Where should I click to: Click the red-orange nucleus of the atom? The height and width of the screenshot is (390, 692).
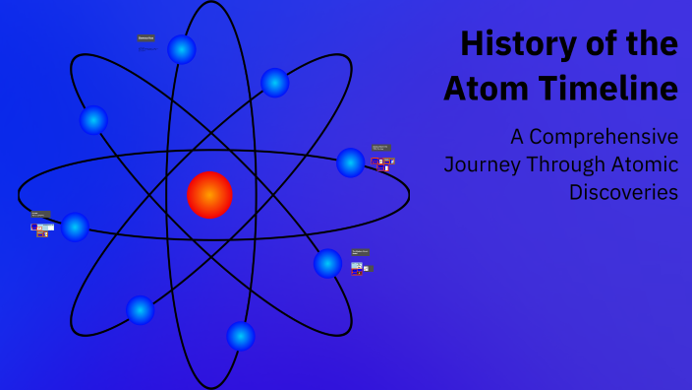tap(209, 194)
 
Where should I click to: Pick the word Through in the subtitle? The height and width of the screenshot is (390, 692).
tap(567, 164)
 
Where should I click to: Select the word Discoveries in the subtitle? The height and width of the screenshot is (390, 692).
tap(623, 192)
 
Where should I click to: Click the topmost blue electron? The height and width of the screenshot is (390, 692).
tap(182, 49)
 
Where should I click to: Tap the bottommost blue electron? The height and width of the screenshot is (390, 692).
tap(241, 336)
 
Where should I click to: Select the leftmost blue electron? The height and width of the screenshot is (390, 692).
tap(75, 227)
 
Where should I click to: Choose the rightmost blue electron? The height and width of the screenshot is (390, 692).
tap(350, 162)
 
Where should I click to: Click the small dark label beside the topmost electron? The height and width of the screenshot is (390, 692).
tap(145, 38)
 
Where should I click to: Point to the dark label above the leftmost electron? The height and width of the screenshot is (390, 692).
tap(40, 214)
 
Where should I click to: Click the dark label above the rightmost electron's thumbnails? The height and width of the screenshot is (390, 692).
tap(380, 149)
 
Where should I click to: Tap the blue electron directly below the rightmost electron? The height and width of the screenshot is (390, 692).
tap(327, 263)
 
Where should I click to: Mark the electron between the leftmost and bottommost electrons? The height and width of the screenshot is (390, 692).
tap(141, 310)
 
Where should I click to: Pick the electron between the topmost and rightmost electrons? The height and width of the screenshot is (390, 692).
tap(275, 83)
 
